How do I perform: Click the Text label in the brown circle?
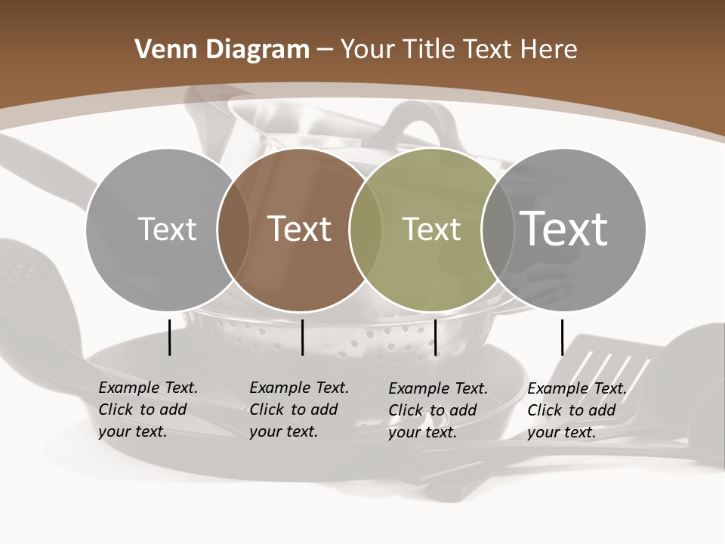(300, 229)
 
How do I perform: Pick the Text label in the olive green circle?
(431, 229)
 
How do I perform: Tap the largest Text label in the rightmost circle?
(564, 229)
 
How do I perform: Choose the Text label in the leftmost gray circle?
(167, 229)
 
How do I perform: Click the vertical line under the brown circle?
(302, 337)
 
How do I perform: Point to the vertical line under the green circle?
(436, 337)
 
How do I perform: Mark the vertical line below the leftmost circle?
(170, 337)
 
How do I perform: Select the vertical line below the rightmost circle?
(562, 337)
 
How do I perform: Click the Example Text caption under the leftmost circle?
(147, 410)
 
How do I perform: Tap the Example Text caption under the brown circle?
(298, 410)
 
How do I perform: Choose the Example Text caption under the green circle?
(437, 410)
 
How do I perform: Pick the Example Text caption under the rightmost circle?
(576, 410)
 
